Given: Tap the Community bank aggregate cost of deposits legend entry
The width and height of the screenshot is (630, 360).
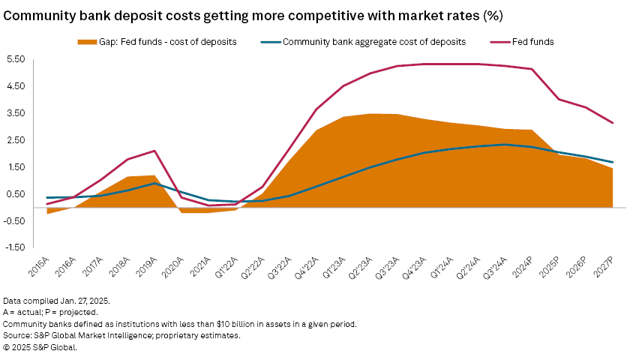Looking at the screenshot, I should pyautogui.click(x=373, y=42).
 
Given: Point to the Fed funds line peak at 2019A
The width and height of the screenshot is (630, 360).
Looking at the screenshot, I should pyautogui.click(x=154, y=151).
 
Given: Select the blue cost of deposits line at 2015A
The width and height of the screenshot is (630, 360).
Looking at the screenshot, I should pyautogui.click(x=47, y=197).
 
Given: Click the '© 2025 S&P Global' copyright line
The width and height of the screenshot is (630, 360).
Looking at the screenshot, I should pyautogui.click(x=40, y=348).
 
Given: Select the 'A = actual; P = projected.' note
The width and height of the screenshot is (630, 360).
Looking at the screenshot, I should pyautogui.click(x=50, y=312).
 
